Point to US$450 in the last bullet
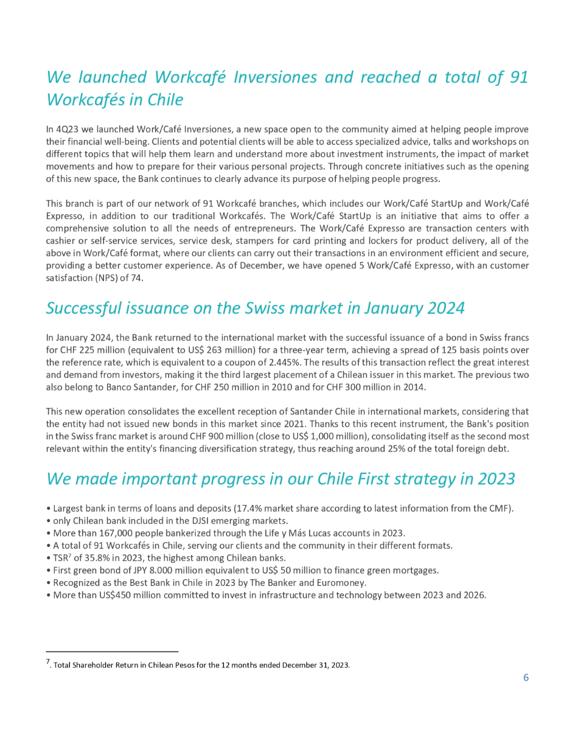pos(105,595)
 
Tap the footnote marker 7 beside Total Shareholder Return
pos(48,661)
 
